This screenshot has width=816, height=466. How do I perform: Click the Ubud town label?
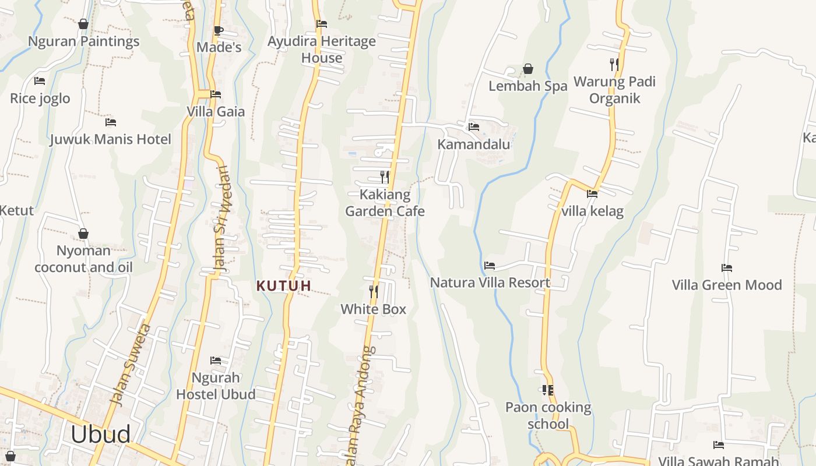pos(101,435)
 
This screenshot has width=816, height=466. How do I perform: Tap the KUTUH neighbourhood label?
pos(284,286)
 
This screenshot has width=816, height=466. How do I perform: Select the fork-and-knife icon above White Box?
pos(374,291)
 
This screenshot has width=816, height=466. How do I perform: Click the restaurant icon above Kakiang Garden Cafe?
pos(385,176)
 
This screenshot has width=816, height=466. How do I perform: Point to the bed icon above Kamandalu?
pos(474,126)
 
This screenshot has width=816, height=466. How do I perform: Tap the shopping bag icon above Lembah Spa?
pos(528,69)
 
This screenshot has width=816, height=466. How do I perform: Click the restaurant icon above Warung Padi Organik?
pos(614,64)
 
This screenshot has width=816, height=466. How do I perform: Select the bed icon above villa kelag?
pos(592,194)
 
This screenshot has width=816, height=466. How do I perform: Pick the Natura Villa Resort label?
pos(490,283)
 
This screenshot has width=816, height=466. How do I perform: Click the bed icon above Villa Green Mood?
pos(727,268)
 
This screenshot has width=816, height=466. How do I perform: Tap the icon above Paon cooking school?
pos(548,390)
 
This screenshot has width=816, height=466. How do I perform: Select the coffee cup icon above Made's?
pos(219,30)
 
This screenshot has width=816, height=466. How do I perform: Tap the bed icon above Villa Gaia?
pos(216,94)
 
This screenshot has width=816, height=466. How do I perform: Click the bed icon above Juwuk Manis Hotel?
pos(111,122)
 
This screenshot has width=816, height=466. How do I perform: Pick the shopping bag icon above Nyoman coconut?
pos(83,234)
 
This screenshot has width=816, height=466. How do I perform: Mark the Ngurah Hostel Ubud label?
pos(216,386)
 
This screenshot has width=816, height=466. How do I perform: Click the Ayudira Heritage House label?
pos(322,50)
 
